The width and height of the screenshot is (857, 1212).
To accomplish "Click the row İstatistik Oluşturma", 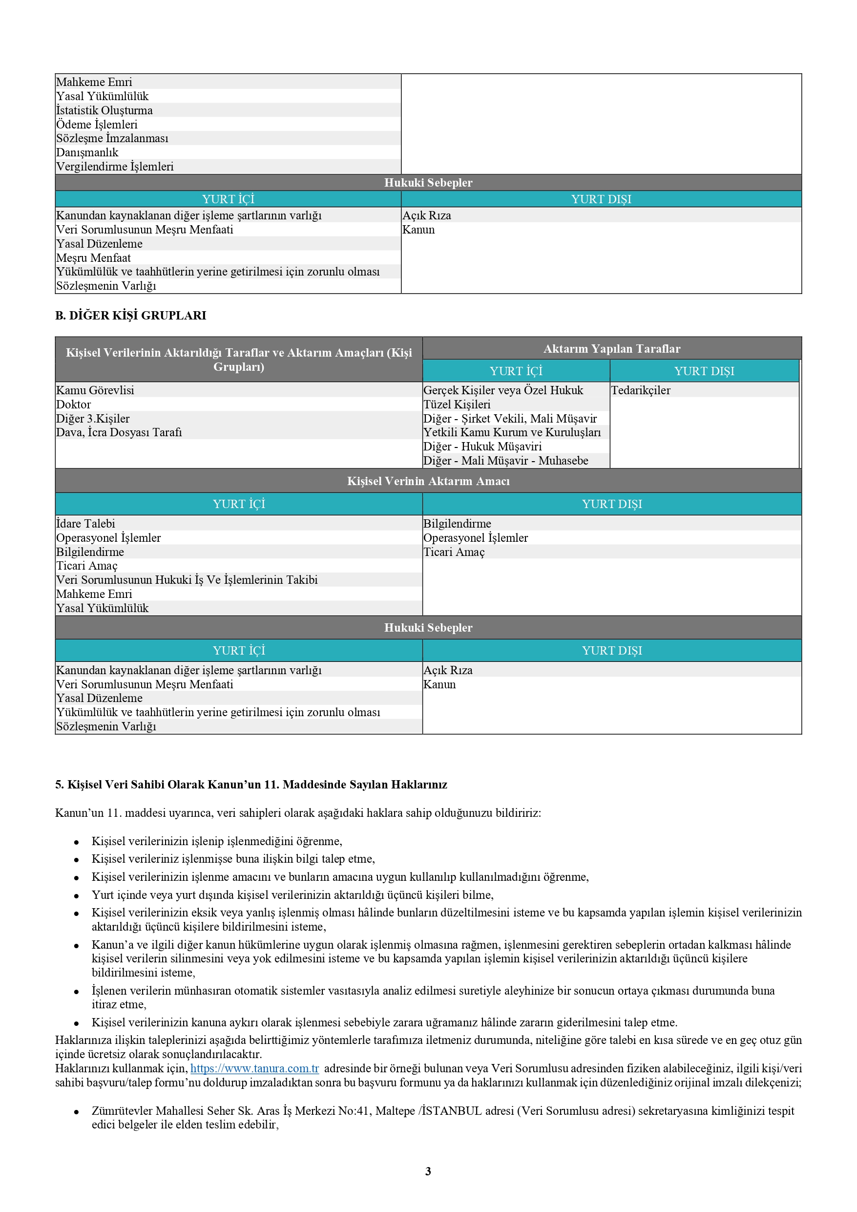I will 105,110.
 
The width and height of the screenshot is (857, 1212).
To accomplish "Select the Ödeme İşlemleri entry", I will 97,125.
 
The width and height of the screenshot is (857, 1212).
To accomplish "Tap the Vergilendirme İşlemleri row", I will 115,167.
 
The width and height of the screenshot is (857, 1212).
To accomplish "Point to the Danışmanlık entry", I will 87,152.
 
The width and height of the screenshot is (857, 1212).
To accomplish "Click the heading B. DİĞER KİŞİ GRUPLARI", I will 130,316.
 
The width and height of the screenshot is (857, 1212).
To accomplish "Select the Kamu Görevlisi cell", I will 95,391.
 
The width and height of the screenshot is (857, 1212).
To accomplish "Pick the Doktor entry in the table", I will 74,405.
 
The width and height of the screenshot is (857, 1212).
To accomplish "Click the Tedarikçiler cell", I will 641,391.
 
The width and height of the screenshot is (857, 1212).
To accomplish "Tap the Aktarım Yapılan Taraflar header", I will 611,349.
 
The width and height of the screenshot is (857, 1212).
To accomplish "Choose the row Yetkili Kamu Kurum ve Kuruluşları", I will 512,432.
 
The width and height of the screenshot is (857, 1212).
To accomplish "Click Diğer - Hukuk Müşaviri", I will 482,447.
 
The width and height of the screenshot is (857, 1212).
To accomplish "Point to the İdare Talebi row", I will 86,524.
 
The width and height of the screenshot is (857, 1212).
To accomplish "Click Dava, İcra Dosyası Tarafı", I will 119,432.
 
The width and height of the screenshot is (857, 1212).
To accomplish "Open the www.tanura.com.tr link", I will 254,1068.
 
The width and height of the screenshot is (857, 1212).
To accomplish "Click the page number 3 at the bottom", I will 428,1171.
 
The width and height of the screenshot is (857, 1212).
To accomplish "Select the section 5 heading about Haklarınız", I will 251,785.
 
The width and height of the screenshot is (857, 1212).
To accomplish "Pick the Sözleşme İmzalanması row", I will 112,138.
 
